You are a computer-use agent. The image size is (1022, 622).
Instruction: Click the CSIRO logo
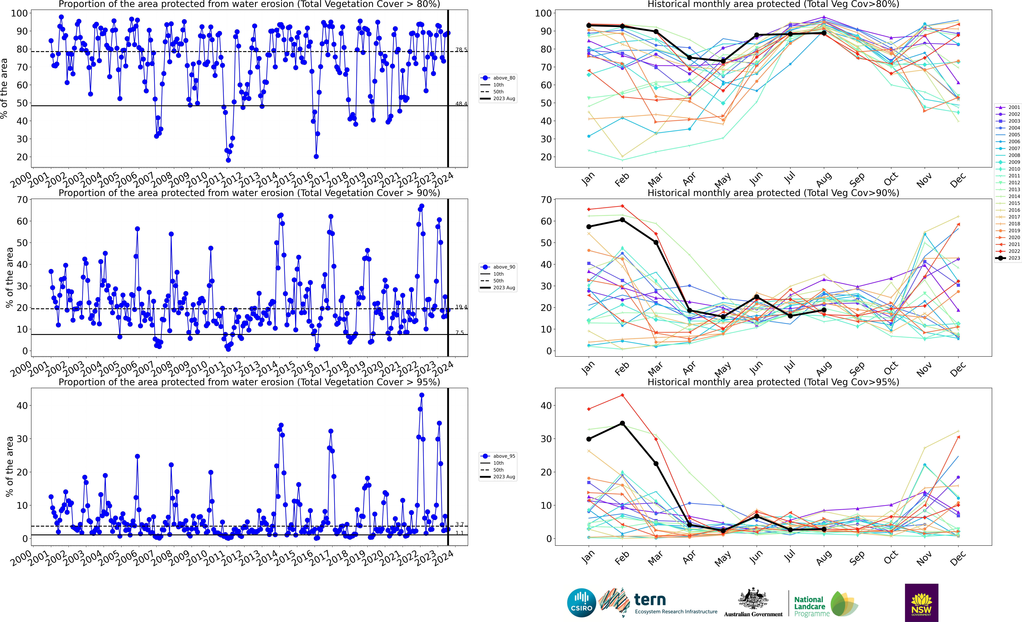point(581,602)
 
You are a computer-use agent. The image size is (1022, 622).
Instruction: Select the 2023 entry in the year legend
point(1009,258)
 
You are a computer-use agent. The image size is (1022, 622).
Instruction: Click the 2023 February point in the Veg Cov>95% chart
point(622,423)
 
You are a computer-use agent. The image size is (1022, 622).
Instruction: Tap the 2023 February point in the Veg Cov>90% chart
point(622,220)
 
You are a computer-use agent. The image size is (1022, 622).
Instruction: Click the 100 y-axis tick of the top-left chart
point(19,13)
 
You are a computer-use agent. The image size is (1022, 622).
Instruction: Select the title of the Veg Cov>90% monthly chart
point(773,193)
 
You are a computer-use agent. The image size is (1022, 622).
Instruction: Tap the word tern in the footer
point(650,600)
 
